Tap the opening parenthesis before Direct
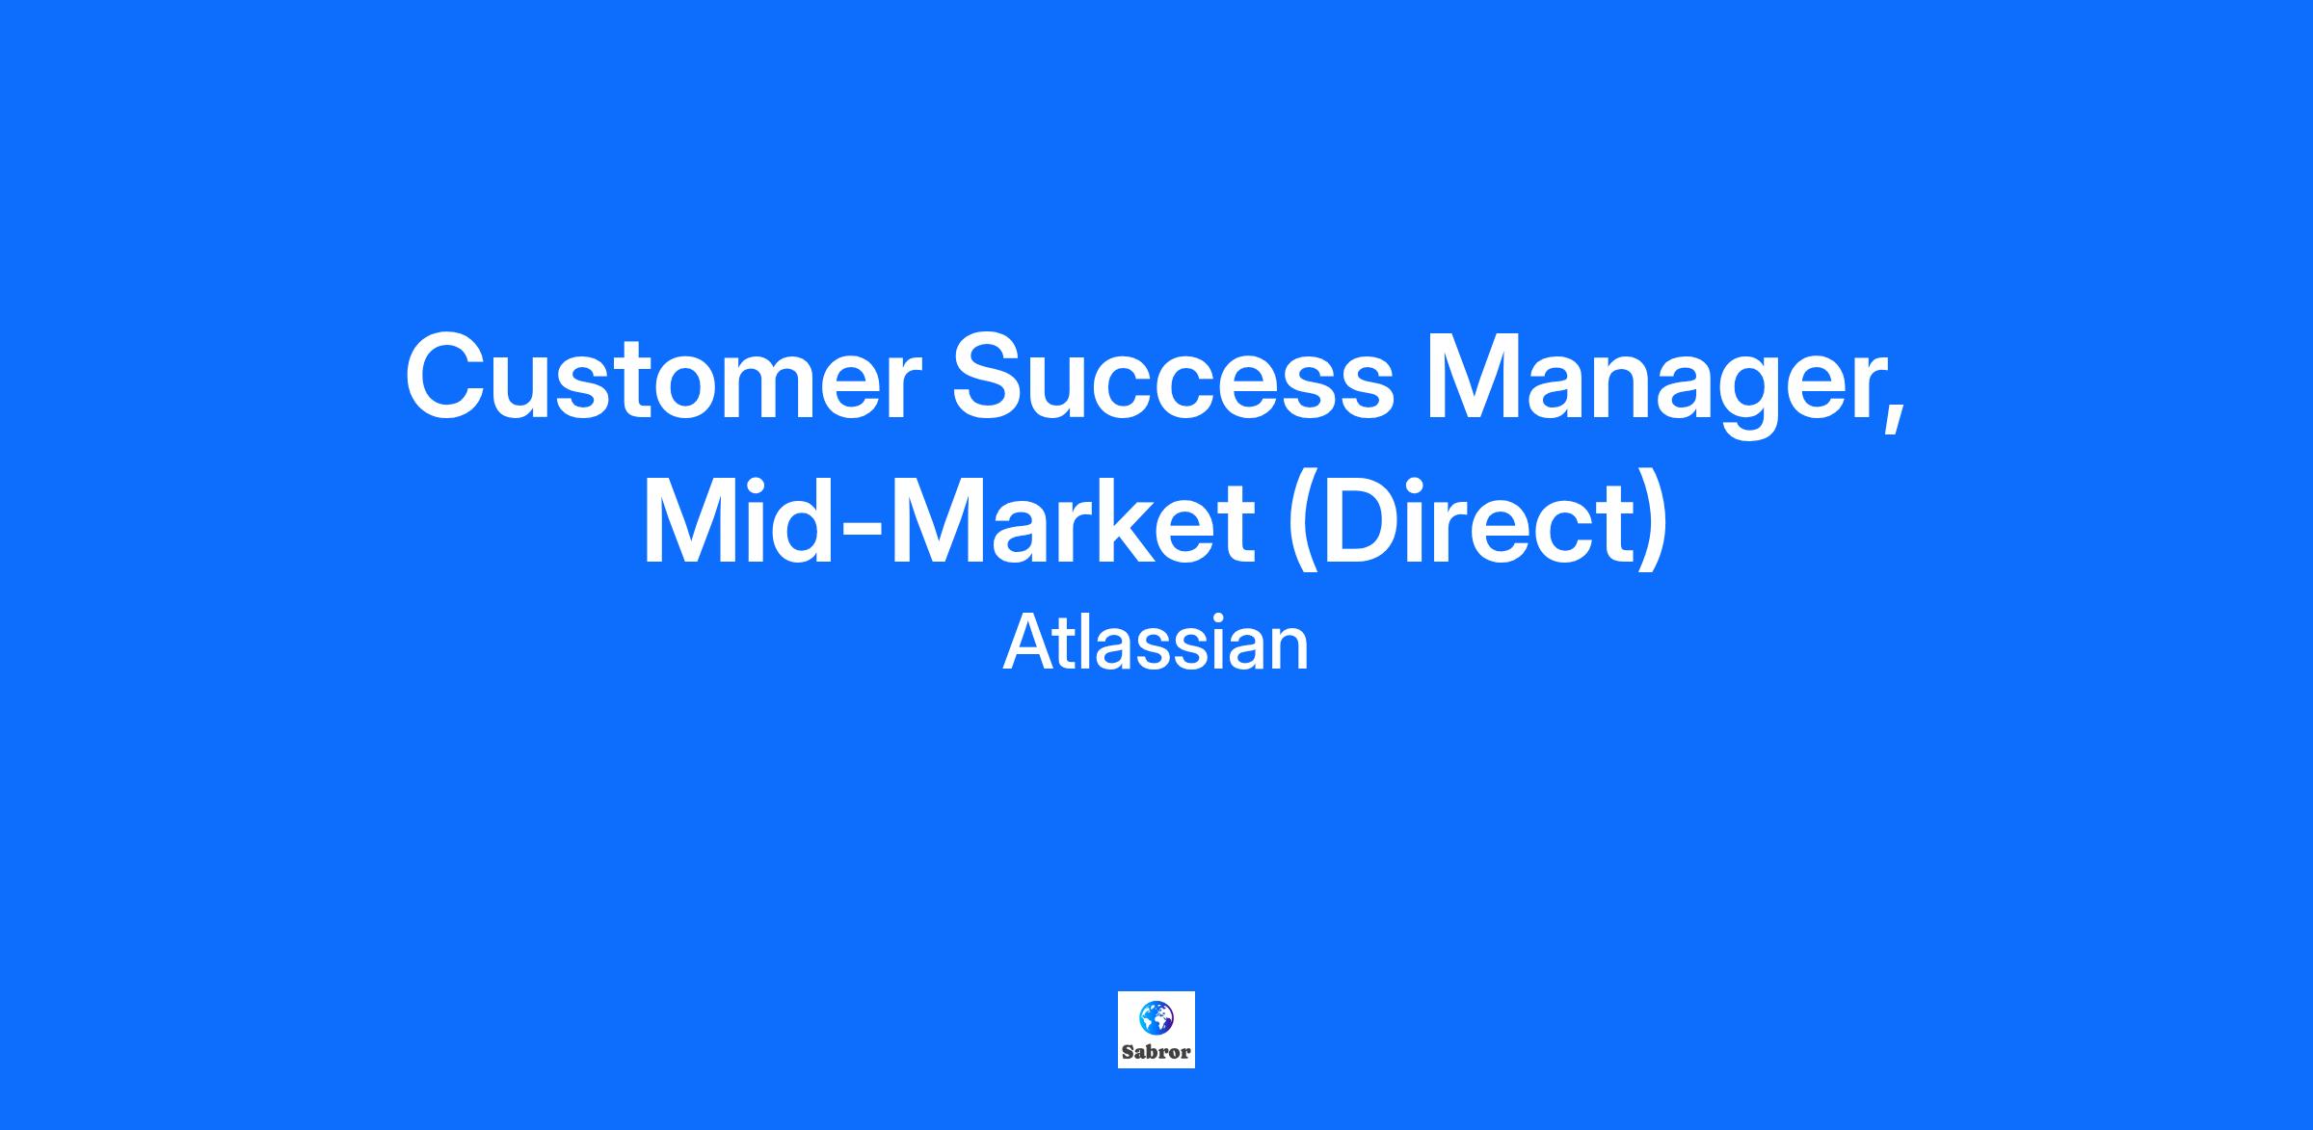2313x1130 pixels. point(1306,525)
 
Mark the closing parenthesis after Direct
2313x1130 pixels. point(1650,525)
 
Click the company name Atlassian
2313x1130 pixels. point(1156,644)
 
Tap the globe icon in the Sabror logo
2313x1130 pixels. point(1156,1017)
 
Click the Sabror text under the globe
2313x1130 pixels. point(1156,1052)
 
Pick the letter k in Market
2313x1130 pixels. point(1143,521)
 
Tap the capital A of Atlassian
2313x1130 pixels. point(1028,644)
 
